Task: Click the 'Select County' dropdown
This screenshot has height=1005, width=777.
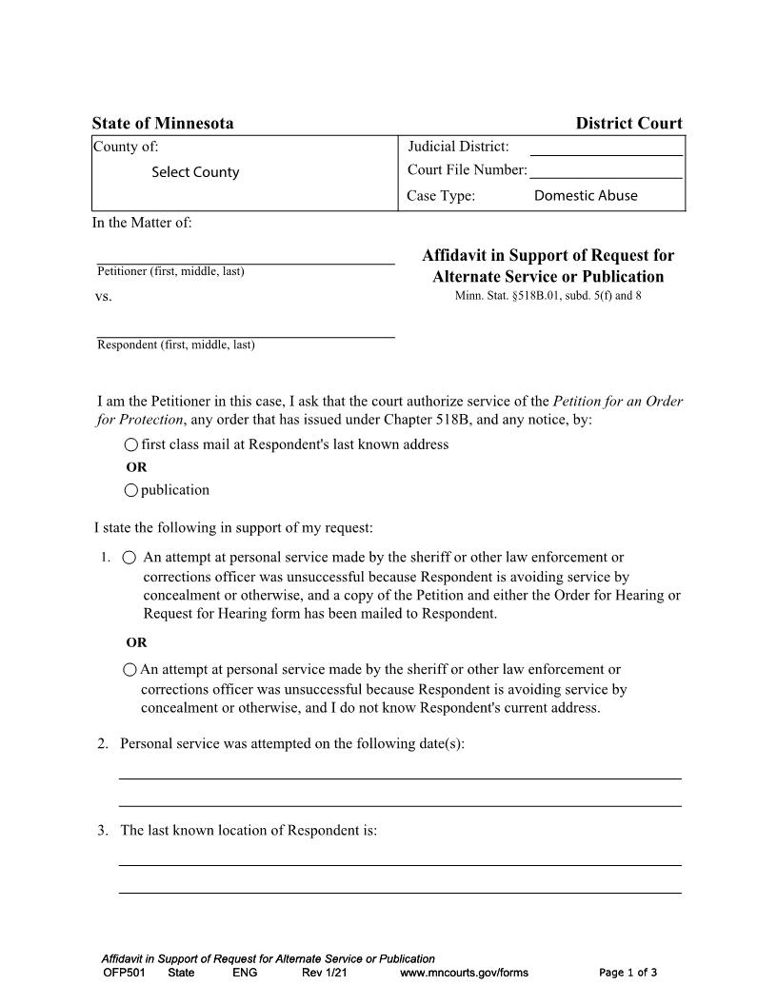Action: coord(195,172)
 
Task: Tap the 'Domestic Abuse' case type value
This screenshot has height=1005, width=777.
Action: coord(586,195)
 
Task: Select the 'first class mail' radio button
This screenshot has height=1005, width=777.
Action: coord(131,444)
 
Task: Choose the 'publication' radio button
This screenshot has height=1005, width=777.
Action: coord(131,490)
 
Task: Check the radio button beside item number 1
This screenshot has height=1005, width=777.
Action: coord(129,558)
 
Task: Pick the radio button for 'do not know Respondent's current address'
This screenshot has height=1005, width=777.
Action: coord(130,670)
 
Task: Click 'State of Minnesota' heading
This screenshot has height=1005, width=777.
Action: coord(163,124)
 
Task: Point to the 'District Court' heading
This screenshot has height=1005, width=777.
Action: coord(628,124)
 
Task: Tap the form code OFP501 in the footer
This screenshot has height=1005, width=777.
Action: coord(123,973)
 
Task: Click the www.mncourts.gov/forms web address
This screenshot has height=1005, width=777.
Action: coord(464,973)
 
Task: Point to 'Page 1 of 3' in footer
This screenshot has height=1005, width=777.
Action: coord(628,973)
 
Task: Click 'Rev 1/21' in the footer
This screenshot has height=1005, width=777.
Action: coord(324,973)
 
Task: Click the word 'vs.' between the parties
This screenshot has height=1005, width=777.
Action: coord(104,297)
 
